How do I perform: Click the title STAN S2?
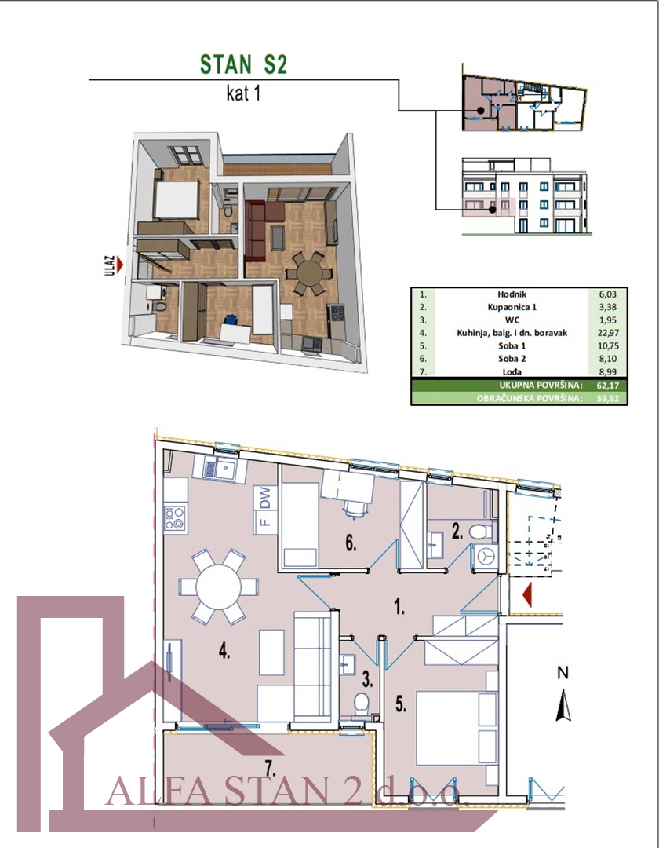point(243,64)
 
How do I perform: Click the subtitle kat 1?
point(243,93)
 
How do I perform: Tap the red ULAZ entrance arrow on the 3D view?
point(120,265)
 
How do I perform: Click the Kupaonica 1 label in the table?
point(512,307)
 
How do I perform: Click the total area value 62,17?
point(608,386)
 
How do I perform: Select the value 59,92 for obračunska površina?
point(608,399)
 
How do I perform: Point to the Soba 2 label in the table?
point(512,359)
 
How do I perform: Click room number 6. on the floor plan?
point(351,543)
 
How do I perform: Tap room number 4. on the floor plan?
point(224,652)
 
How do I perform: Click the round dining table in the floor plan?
point(218,587)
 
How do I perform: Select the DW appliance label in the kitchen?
point(265,498)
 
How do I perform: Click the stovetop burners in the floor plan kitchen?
point(176,517)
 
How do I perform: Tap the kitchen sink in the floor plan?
point(220,468)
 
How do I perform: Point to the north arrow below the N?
point(563,705)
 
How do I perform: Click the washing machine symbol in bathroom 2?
point(487,556)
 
